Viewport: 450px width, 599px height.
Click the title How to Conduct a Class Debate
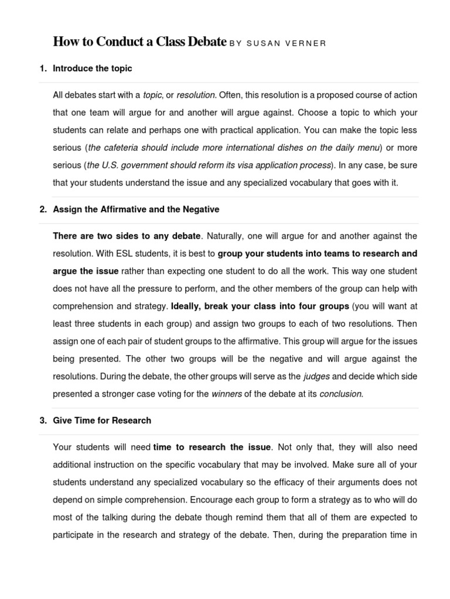point(139,42)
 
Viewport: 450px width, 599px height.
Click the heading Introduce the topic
point(93,68)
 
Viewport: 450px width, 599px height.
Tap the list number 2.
point(43,209)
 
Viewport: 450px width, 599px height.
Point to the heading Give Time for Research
point(102,421)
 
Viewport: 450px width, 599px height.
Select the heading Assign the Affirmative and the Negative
point(136,209)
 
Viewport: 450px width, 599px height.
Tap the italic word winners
point(226,394)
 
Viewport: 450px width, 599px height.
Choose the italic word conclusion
point(341,394)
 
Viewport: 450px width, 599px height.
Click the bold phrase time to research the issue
point(212,447)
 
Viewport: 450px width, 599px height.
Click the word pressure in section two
point(186,289)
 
